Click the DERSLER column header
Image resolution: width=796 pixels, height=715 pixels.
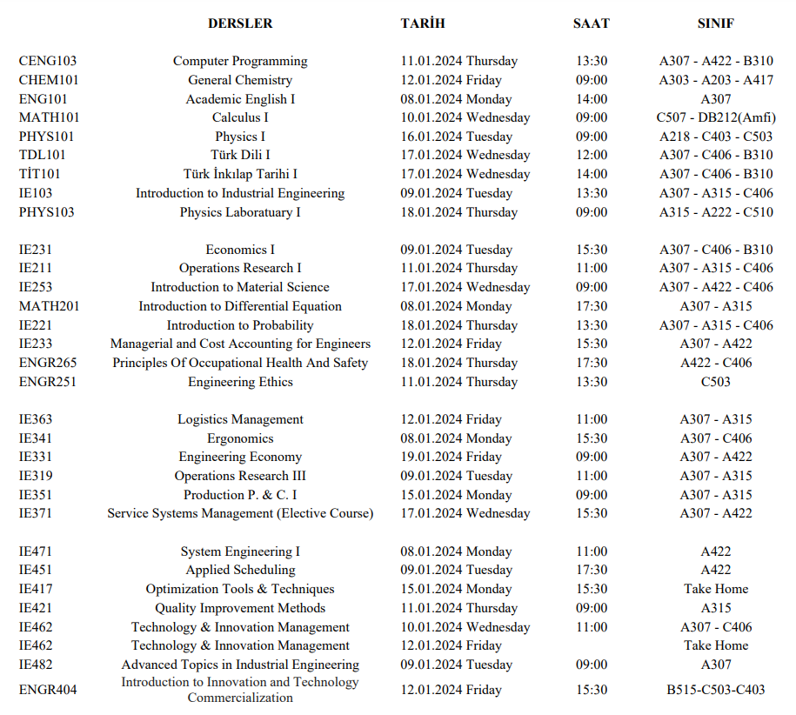pyautogui.click(x=240, y=23)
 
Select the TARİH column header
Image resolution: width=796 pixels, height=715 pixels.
pyautogui.click(x=423, y=23)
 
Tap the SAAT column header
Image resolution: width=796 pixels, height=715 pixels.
pyautogui.click(x=592, y=23)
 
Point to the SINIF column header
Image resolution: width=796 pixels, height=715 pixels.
pyautogui.click(x=716, y=23)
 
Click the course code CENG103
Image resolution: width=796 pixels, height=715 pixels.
pyautogui.click(x=48, y=61)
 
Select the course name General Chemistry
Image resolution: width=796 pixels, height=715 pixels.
pyautogui.click(x=240, y=80)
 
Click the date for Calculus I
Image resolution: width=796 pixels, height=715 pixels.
pyautogui.click(x=465, y=117)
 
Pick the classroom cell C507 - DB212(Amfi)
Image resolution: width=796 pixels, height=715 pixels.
pyautogui.click(x=716, y=117)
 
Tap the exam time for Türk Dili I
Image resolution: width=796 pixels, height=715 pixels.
pyautogui.click(x=592, y=155)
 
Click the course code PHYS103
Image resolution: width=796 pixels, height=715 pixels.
pyautogui.click(x=47, y=212)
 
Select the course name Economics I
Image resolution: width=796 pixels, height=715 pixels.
pyautogui.click(x=240, y=250)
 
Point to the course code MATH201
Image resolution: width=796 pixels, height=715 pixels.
pyautogui.click(x=49, y=306)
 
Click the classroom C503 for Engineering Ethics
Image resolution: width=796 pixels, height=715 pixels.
pyautogui.click(x=716, y=382)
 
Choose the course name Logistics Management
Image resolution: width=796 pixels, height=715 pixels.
pyautogui.click(x=240, y=419)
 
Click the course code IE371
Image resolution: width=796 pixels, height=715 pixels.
pyautogui.click(x=36, y=513)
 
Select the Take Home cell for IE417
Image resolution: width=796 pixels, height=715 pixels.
pyautogui.click(x=716, y=589)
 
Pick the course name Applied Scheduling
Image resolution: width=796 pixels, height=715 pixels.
pyautogui.click(x=240, y=570)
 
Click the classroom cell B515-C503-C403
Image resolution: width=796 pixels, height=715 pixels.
pyautogui.click(x=716, y=690)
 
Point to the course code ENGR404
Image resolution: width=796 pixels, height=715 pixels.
pyautogui.click(x=48, y=690)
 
